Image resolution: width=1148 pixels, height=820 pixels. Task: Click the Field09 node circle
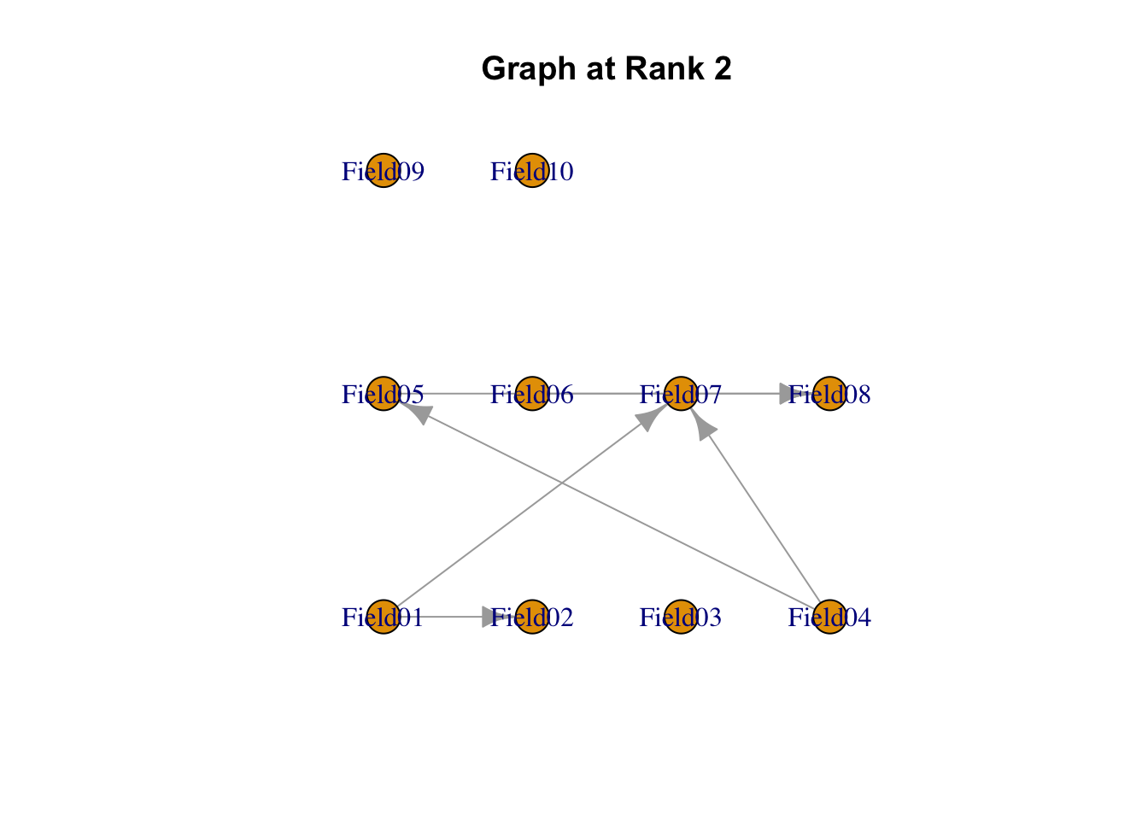coord(384,171)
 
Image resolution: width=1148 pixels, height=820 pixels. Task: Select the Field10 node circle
coord(532,171)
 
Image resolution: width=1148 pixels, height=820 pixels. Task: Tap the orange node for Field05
coord(384,394)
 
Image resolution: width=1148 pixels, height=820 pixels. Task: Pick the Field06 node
coord(532,394)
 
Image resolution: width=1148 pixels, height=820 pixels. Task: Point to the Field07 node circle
coord(681,394)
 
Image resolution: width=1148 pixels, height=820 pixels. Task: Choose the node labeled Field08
coord(829,394)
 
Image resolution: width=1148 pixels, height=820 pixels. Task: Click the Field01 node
coord(384,617)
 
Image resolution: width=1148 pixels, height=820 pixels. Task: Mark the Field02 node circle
coord(532,617)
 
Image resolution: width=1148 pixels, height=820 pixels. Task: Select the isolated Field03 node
coord(681,617)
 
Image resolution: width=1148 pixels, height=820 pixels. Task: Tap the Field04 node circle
coord(829,617)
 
